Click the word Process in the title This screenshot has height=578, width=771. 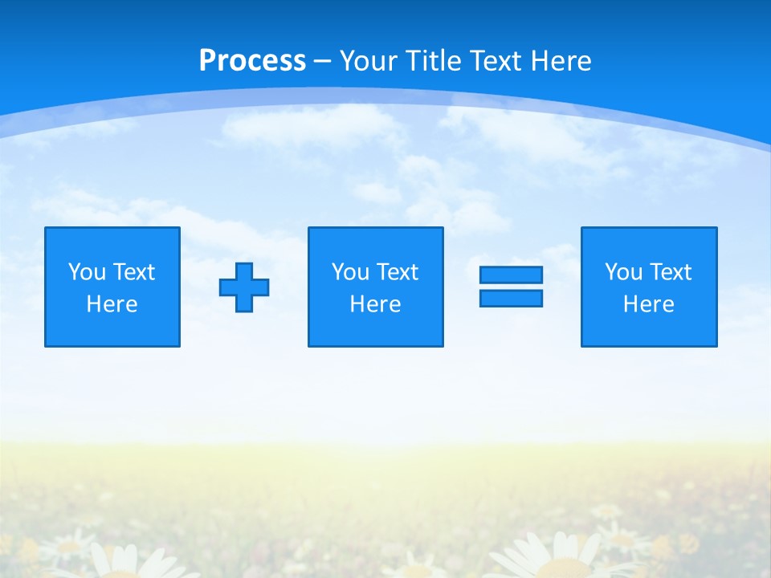252,61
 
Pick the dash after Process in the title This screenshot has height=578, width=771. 323,62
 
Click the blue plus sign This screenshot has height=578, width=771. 244,287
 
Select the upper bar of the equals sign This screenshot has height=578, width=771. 511,275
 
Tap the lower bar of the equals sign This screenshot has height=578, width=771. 511,299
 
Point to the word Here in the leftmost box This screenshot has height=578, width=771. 112,304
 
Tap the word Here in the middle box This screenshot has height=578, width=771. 375,304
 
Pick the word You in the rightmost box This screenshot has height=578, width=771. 623,272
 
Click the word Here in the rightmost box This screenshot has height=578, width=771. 648,304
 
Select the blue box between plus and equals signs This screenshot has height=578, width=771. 375,329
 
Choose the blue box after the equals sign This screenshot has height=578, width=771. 648,329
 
